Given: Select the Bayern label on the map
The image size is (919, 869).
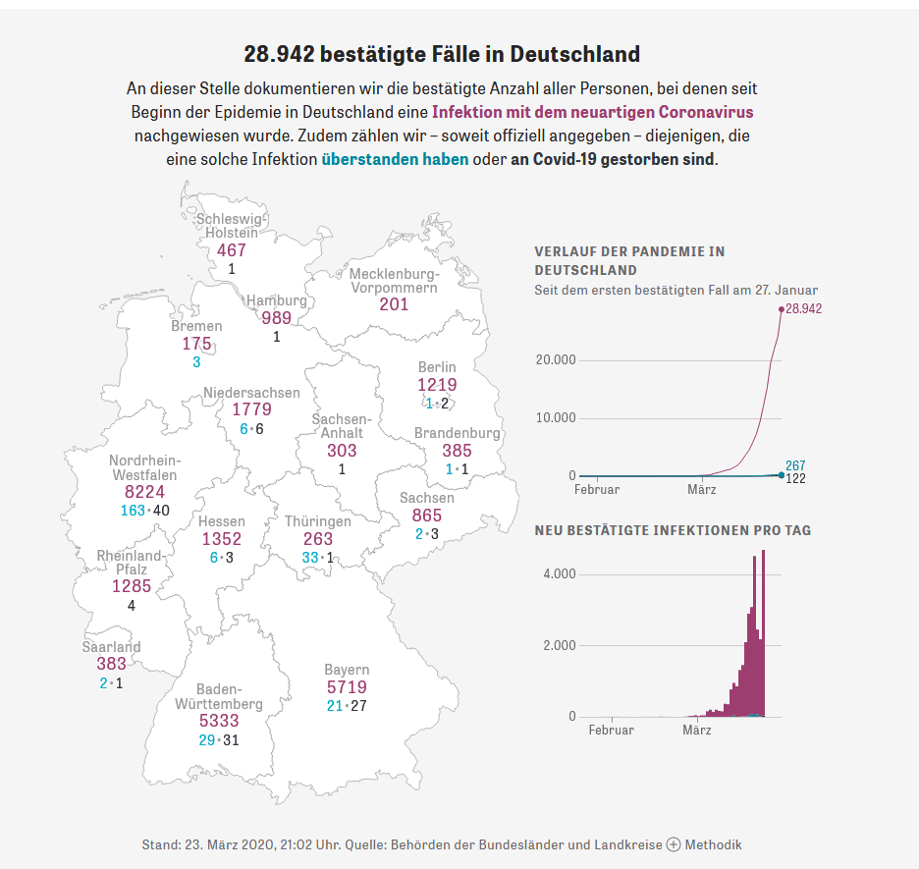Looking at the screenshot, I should click(x=347, y=670).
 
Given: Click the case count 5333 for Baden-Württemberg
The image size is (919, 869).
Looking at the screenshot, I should click(x=219, y=721).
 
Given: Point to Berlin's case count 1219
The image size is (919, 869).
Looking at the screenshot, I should click(x=437, y=385).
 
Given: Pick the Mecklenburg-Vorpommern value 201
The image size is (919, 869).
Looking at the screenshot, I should click(x=394, y=304).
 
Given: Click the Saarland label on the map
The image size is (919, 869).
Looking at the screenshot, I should click(x=111, y=647).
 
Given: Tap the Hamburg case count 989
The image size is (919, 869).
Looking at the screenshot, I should click(x=277, y=317).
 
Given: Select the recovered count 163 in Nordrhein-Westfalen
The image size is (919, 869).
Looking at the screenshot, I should click(x=133, y=511).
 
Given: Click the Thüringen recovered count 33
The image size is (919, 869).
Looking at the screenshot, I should click(x=310, y=558).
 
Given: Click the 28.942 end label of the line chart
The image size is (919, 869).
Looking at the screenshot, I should click(x=804, y=308).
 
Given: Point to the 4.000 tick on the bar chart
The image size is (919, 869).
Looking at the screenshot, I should click(x=559, y=573).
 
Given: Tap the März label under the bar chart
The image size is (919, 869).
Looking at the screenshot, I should click(x=696, y=731).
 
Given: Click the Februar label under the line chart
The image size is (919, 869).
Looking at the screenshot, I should click(x=597, y=489).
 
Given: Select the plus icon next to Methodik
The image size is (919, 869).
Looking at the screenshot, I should click(x=673, y=844).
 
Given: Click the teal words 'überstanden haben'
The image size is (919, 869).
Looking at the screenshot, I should click(x=395, y=159).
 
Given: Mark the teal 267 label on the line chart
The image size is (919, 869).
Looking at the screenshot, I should click(x=795, y=464).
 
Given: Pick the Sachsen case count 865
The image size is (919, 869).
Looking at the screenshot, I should click(x=427, y=516).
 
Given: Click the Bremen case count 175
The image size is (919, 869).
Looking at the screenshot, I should click(x=196, y=344).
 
